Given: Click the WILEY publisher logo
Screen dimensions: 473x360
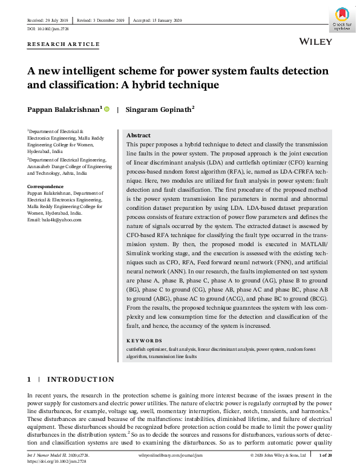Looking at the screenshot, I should pyautogui.click(x=316, y=42).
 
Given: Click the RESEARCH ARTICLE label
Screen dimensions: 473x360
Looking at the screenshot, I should pyautogui.click(x=64, y=44).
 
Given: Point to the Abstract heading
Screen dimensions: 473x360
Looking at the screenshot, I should pyautogui.click(x=138, y=135).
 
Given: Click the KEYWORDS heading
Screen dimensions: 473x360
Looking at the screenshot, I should pyautogui.click(x=144, y=341).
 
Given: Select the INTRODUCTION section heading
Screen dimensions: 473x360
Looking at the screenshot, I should pyautogui.click(x=80, y=379).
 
